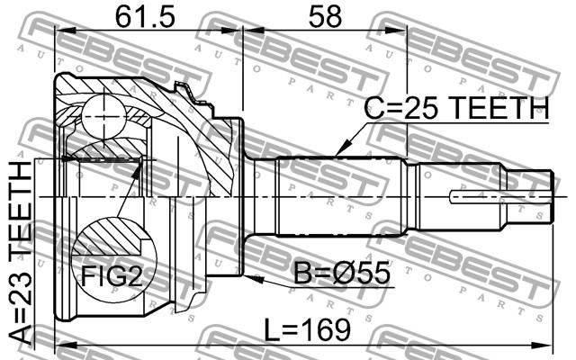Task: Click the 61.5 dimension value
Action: click(145, 17)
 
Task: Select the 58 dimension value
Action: click(325, 17)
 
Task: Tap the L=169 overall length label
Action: click(308, 329)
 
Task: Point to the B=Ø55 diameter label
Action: click(342, 273)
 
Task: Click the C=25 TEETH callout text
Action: click(456, 108)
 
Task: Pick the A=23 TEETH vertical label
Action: click(20, 253)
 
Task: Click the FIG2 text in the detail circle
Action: click(112, 276)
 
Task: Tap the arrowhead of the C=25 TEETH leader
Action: click(342, 149)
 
